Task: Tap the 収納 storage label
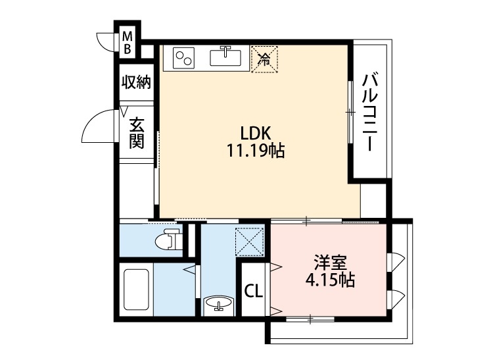click(136, 83)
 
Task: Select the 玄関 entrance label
click(136, 132)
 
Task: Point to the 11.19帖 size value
click(255, 151)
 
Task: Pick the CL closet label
click(253, 290)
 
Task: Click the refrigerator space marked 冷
click(265, 59)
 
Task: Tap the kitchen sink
click(226, 58)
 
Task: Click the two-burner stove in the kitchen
click(183, 58)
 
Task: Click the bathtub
click(137, 290)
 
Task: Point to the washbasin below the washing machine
click(218, 305)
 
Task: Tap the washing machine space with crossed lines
click(250, 242)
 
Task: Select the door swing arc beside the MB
click(107, 41)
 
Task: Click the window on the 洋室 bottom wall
click(310, 319)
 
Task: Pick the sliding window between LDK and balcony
click(349, 112)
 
